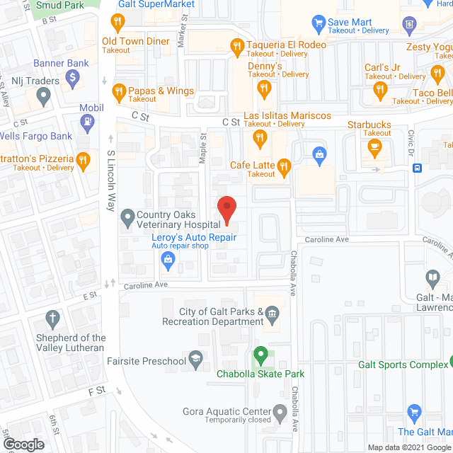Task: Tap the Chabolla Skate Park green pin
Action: tap(260, 354)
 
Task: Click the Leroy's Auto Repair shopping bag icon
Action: tap(168, 261)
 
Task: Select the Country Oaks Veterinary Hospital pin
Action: tap(127, 217)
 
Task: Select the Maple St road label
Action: tap(203, 149)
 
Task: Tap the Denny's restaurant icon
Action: tap(265, 88)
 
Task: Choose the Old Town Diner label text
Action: tap(136, 41)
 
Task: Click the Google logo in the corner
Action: tap(23, 445)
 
